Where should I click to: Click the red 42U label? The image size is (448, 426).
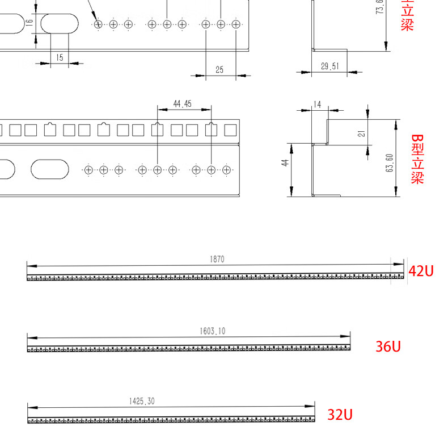421,271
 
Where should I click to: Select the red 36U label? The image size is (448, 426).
388,346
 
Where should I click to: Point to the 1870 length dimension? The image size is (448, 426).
217,259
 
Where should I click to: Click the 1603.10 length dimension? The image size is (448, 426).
213,331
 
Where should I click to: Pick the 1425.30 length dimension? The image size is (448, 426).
142,401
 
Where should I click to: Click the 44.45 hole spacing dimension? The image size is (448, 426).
183,104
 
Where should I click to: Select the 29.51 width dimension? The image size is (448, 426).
329,66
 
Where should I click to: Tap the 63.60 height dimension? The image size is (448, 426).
389,163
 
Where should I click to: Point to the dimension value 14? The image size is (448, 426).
317,105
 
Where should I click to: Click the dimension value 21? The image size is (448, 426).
361,133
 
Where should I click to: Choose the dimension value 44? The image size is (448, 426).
286,162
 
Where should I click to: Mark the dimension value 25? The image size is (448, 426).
219,69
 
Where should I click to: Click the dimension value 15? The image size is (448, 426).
60,57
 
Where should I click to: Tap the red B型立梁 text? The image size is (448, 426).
417,159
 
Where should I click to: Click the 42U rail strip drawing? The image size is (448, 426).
210,278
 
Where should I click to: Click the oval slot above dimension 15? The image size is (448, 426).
60,23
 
